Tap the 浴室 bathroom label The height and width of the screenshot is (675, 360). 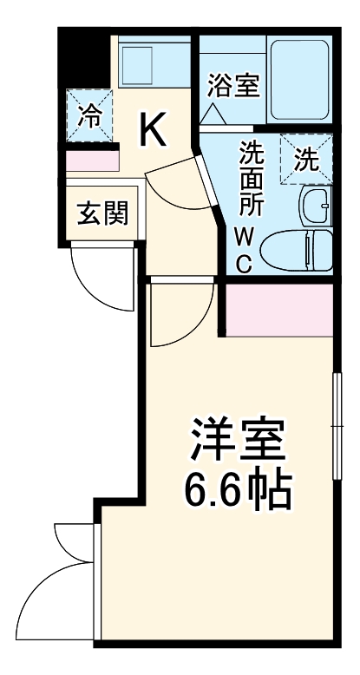coord(233,86)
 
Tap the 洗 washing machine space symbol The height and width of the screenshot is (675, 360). coord(305,160)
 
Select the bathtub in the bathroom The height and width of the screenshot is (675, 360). coord(299,79)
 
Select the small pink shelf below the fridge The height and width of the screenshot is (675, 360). coord(90,161)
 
